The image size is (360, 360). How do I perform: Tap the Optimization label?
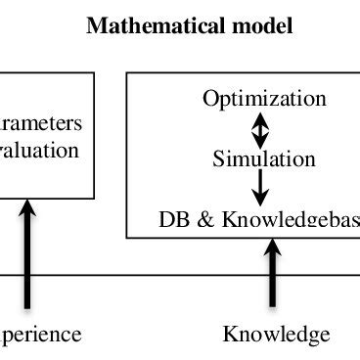click(x=264, y=99)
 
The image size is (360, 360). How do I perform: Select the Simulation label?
click(x=264, y=158)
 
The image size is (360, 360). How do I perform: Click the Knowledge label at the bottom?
click(x=276, y=335)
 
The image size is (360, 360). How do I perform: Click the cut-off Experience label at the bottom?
click(x=40, y=335)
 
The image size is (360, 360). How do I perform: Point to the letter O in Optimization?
click(x=210, y=99)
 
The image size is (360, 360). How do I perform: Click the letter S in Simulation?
click(x=218, y=158)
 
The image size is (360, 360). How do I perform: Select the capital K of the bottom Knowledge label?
click(x=231, y=335)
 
